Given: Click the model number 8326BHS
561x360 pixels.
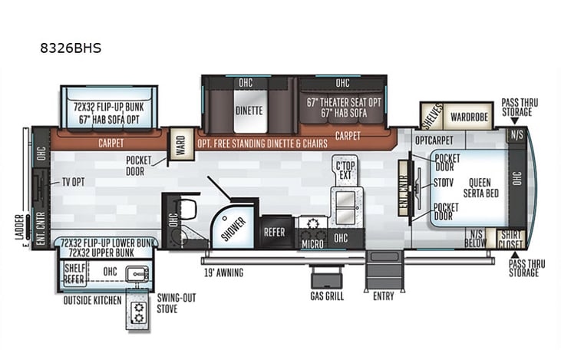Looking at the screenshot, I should coord(71,48).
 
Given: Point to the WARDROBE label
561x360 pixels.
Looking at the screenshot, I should coord(468,118).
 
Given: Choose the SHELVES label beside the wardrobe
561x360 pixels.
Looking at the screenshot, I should coord(431,117).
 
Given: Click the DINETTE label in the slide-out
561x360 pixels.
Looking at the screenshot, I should coord(248,111).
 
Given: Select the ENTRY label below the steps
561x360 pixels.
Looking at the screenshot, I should coord(384,296).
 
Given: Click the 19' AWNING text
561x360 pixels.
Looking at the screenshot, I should coord(223,273).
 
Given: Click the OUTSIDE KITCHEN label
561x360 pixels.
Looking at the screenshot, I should coord(92,300).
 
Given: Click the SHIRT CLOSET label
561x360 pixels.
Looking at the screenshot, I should coord(510,239).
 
